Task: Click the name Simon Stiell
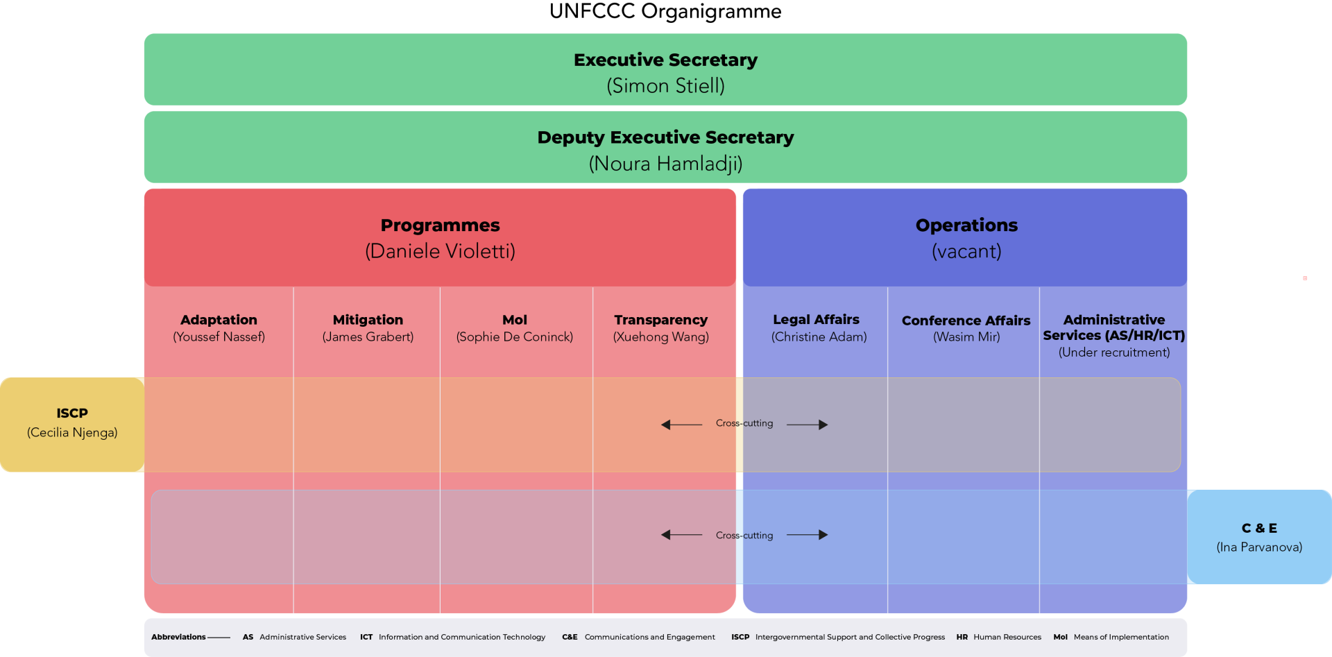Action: pos(665,86)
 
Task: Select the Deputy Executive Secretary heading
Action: pos(665,137)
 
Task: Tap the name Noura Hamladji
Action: pos(665,164)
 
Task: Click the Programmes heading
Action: pos(440,225)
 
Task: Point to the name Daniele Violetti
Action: pos(440,251)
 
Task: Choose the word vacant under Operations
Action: pos(966,251)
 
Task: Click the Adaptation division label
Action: pos(219,320)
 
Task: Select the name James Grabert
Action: pos(368,337)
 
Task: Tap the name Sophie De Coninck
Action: pos(514,337)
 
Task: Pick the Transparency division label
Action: pos(660,320)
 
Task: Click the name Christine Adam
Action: pos(819,337)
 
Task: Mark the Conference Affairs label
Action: pos(966,321)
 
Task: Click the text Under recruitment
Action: pos(1113,352)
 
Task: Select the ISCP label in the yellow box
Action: pos(72,413)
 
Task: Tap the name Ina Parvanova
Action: pos(1259,547)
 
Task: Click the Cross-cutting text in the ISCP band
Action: pos(744,423)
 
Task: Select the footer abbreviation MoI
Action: pos(1060,637)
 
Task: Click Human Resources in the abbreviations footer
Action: pos(1007,637)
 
